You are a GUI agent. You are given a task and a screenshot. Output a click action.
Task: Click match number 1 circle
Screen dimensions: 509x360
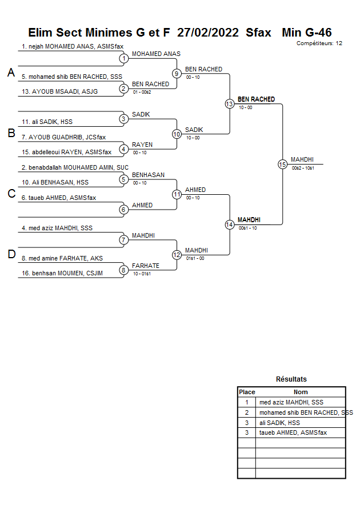click(x=123, y=58)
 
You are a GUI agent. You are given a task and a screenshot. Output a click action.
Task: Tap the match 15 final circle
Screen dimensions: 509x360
click(x=282, y=164)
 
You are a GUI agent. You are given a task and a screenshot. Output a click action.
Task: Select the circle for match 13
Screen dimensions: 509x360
click(x=229, y=104)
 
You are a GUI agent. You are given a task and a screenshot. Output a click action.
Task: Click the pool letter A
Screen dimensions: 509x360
click(x=11, y=73)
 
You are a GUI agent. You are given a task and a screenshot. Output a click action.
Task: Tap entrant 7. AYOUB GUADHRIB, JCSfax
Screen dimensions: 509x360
click(x=63, y=137)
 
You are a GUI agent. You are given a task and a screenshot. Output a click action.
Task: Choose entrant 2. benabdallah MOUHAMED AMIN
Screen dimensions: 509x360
click(x=75, y=167)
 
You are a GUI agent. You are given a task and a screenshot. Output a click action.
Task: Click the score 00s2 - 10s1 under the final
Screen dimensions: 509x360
click(x=303, y=167)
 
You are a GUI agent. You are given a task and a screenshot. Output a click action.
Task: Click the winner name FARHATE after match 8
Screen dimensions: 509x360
click(x=146, y=266)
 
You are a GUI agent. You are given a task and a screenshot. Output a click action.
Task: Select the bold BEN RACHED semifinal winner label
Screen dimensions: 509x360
click(x=256, y=99)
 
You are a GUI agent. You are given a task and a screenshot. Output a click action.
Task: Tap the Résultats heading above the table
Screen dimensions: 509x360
click(x=291, y=379)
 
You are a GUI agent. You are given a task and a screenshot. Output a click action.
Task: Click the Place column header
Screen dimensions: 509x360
click(x=247, y=392)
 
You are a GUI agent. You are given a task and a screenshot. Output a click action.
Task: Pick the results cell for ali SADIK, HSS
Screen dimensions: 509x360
click(x=301, y=423)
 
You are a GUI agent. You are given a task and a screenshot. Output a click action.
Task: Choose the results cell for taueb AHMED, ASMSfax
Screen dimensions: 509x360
click(x=301, y=433)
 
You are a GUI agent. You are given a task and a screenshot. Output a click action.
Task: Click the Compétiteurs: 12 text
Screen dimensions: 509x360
click(x=319, y=43)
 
